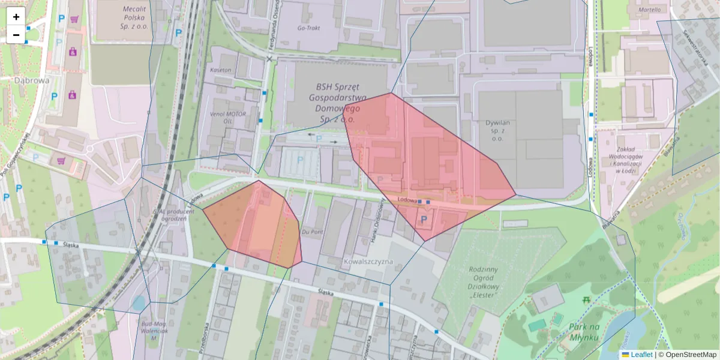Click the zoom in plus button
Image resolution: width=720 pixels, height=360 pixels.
point(16,16)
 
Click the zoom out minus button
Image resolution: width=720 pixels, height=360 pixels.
point(16,35)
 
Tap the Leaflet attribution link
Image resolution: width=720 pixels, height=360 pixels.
point(641,355)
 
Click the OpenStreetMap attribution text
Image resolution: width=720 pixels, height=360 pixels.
point(687,355)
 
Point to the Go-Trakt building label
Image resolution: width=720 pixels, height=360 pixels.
point(310,28)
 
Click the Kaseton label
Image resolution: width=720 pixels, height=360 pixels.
point(220,70)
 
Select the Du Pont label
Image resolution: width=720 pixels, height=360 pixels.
point(313,231)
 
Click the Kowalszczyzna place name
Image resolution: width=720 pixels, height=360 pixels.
point(368,262)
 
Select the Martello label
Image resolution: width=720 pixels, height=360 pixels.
point(649,10)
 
